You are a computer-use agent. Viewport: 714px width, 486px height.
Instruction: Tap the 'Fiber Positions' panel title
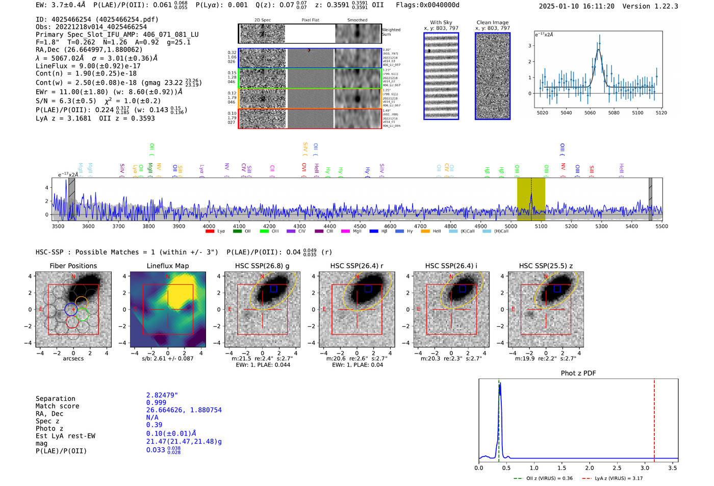point(73,266)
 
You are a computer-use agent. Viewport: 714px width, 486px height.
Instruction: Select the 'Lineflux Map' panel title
point(168,266)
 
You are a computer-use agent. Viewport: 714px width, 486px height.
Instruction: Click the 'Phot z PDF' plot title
point(578,373)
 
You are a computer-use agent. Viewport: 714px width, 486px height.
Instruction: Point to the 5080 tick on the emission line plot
point(614,113)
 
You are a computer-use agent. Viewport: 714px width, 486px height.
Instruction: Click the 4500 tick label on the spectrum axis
point(360,226)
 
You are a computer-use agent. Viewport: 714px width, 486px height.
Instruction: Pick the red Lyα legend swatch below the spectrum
point(210,232)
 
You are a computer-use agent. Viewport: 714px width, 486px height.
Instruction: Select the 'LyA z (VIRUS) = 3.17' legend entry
point(619,478)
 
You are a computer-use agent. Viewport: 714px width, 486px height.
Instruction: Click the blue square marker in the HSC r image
point(368,289)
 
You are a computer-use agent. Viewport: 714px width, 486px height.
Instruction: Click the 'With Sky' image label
point(441,22)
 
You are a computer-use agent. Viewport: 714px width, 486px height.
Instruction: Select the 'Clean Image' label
point(492,22)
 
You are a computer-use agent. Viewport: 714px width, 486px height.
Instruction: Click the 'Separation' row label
point(55,399)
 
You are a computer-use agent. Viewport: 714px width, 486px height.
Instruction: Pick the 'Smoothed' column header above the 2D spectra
point(357,20)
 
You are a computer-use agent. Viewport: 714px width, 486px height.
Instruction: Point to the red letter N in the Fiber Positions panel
point(73,277)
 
